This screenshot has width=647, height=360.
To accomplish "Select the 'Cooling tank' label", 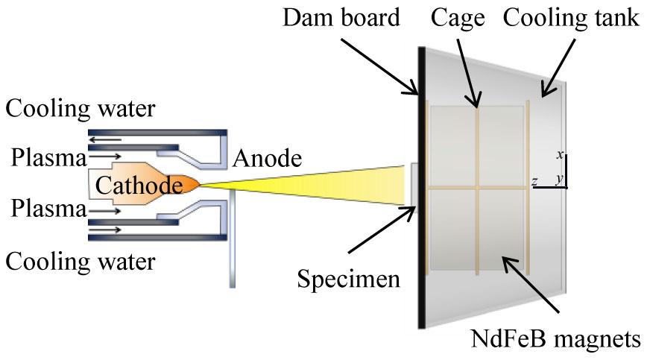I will tap(571, 18).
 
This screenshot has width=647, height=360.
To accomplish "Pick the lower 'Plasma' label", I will tap(45, 209).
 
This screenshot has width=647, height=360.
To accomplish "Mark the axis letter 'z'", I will tap(534, 181).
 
